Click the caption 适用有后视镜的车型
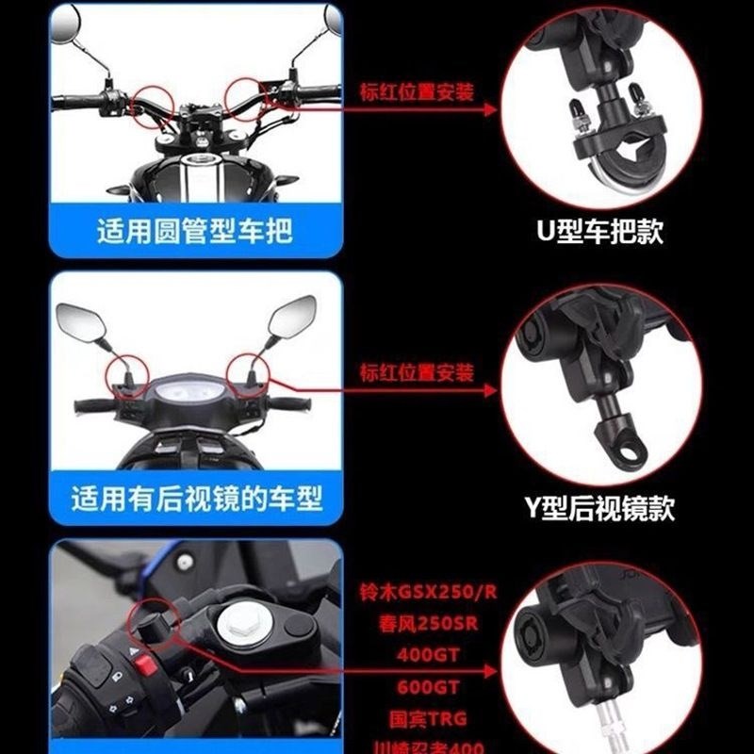(x=196, y=497)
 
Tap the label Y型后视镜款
(x=600, y=509)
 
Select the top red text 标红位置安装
(x=416, y=92)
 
